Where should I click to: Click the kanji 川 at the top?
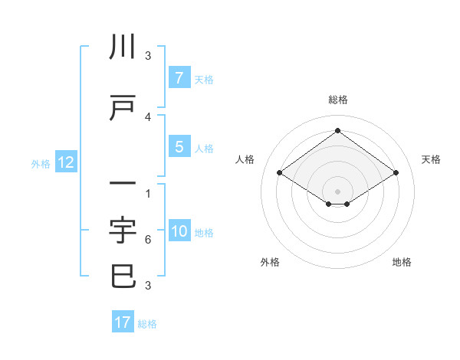123,47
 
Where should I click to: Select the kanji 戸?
123,108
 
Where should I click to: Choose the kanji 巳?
123,276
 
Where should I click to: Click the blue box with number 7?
179,77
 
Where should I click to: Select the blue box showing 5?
179,147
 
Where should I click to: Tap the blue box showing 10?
180,231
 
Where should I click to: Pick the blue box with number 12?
66,162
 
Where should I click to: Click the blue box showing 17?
123,322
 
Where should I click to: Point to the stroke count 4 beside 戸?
148,116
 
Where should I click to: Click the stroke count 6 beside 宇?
148,240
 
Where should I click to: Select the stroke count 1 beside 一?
148,193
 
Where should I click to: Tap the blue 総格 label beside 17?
148,324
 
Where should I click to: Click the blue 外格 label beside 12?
40,163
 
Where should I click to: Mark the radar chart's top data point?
337,130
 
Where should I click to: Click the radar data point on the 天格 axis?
396,173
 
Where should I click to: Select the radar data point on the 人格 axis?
280,173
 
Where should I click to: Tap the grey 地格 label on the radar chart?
402,262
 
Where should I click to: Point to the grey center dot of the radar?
337,191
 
